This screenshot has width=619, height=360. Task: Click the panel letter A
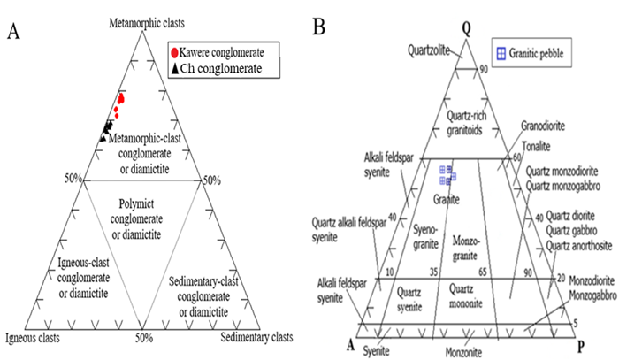click(x=13, y=33)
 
